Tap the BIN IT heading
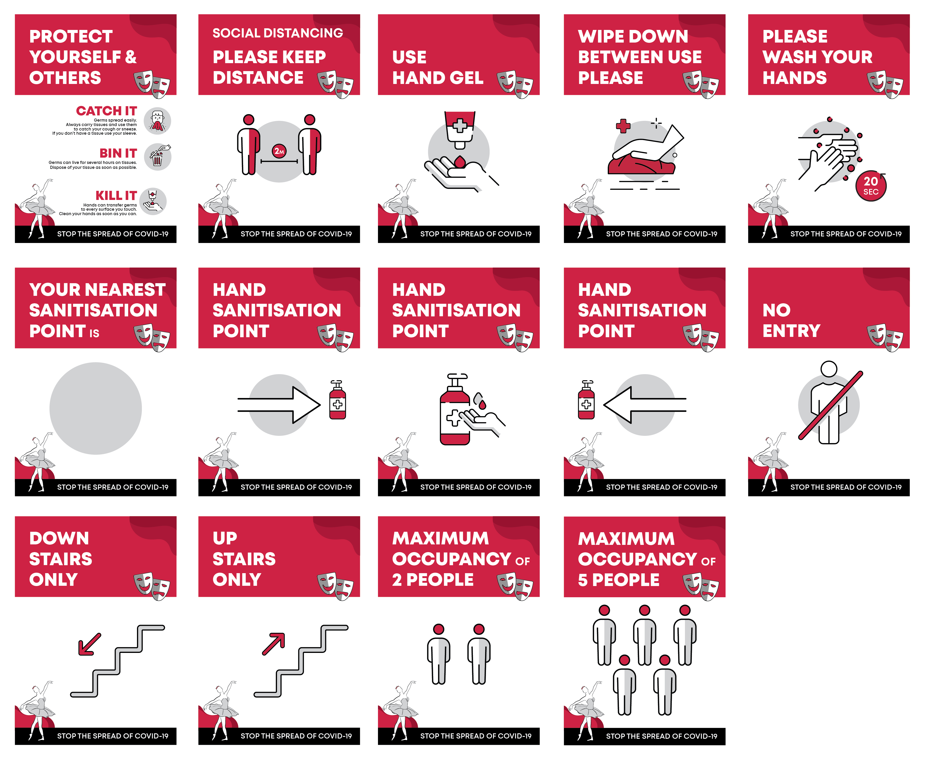tap(118, 153)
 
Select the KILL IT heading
tap(116, 196)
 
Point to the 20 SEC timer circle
tap(871, 186)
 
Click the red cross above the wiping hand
tap(623, 126)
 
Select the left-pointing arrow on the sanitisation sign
tap(645, 405)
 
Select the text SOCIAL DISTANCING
tap(278, 33)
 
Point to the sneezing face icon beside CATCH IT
tap(158, 121)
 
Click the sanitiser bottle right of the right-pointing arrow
tap(337, 400)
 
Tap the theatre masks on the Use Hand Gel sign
tap(515, 84)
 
